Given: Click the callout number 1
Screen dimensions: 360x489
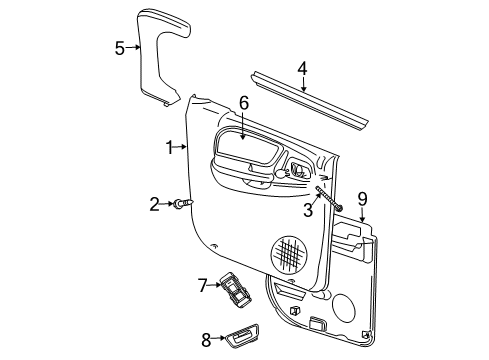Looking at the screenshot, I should [x=170, y=147].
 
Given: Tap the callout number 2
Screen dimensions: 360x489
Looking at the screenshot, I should [x=155, y=205].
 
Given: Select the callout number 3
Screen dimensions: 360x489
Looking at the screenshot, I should [x=309, y=211].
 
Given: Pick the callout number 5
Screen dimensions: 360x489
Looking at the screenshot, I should [x=120, y=47].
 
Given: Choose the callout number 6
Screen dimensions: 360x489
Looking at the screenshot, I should [x=243, y=103].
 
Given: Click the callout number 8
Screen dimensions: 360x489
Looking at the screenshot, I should [x=206, y=338].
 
